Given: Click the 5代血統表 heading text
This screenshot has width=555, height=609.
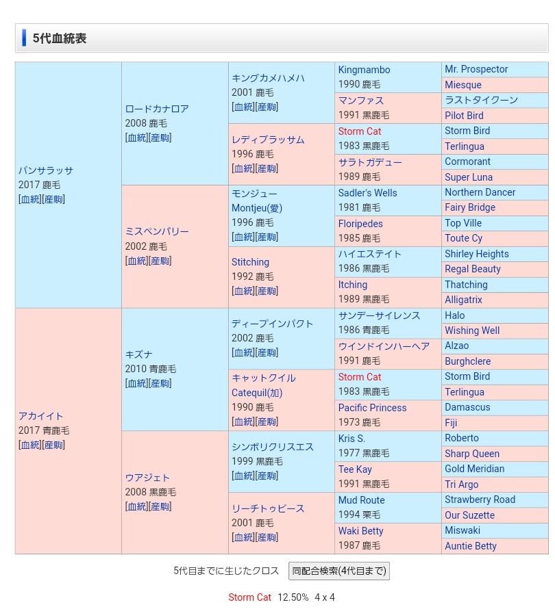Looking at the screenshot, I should coord(60,38).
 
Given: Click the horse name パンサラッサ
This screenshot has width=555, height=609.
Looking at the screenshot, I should coord(46,170).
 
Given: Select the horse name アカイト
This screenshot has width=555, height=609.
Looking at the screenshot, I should coord(41,416).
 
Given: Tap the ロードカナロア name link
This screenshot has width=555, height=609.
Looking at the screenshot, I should coord(157,109).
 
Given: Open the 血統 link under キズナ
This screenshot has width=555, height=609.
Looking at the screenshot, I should coord(137,383).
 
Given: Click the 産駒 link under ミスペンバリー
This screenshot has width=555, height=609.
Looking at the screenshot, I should coord(160,261).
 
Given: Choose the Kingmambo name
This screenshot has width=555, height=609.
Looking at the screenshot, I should coord(364,70).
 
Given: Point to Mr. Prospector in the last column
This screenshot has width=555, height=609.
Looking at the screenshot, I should coord(476,69).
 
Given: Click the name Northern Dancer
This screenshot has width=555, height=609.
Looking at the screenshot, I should coord(480,192).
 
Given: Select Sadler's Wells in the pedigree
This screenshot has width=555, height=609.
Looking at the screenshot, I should coord(367,193).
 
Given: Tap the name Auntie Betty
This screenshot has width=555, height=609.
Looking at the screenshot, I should coord(471,546).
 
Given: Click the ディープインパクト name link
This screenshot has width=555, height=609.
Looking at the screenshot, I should coord(272,324).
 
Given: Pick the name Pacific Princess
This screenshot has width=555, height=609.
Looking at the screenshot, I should coord(372,408).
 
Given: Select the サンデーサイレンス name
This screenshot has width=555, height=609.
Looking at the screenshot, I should coord(379,315).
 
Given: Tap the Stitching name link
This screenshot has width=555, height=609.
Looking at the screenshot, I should coord(250,262).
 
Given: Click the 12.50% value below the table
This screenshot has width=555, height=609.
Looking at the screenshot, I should coord(293,597).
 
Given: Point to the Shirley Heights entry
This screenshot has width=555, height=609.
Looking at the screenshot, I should coord(477,254).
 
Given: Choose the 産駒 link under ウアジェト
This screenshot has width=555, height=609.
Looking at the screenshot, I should coord(160,506).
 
